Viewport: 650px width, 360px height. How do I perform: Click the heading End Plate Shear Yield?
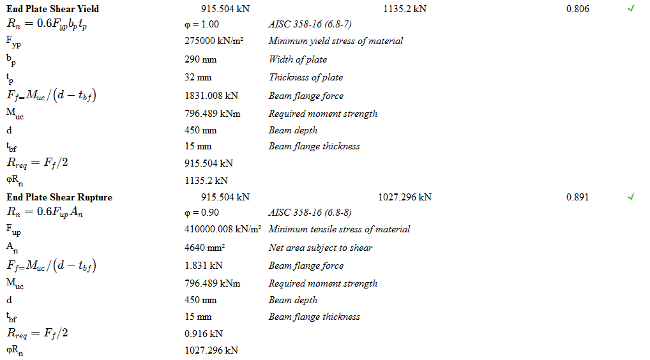53,9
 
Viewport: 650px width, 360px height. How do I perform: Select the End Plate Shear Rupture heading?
59,197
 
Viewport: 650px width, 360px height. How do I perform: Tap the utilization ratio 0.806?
578,9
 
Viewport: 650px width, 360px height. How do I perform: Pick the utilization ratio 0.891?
578,197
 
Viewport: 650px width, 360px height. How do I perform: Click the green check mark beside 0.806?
631,9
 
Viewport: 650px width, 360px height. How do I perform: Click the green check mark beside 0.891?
631,197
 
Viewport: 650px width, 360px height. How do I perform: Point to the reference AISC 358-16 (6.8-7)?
310,25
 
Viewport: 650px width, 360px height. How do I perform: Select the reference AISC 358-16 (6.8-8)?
310,213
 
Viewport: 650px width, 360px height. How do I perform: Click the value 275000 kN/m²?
215,41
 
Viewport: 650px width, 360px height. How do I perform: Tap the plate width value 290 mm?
200,59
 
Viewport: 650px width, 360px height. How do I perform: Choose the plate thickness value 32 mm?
198,77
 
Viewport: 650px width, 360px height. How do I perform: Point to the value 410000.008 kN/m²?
223,229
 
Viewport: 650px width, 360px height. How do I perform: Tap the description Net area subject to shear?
321,248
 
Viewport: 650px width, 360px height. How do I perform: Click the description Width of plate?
298,59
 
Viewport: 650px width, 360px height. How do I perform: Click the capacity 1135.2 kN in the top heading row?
405,9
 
